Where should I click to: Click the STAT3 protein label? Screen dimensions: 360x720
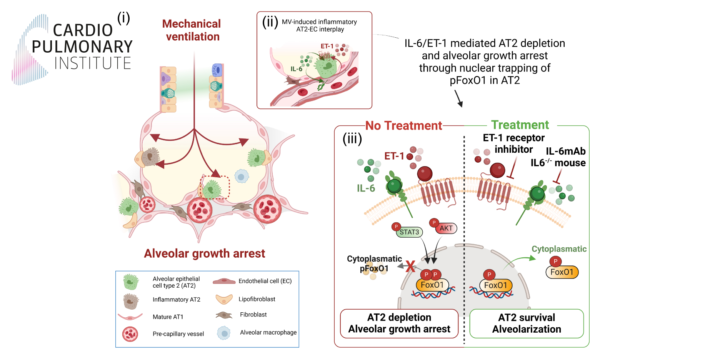409,232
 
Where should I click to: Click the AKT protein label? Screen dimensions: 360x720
446,228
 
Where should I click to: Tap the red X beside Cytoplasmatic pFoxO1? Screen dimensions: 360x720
410,266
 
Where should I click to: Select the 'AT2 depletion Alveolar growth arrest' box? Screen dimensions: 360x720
399,323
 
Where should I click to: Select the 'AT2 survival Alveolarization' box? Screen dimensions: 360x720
527,323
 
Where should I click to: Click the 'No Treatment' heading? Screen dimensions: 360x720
403,126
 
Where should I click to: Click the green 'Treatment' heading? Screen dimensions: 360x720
520,125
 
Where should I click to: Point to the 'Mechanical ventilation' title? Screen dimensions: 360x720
192,30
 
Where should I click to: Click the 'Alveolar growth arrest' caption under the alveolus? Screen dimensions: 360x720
204,253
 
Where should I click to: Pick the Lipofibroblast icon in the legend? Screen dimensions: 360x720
224,299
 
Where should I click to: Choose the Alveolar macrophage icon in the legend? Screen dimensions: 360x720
223,333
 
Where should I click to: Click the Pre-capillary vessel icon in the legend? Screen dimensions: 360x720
130,334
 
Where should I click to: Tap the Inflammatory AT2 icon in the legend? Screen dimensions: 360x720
131,301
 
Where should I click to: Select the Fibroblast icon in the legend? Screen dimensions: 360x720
224,315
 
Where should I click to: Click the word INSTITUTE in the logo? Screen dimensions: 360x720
93,63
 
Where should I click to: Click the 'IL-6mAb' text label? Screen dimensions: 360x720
565,151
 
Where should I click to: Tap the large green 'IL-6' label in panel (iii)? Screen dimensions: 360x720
366,188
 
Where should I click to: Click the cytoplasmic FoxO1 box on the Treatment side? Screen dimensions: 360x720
562,272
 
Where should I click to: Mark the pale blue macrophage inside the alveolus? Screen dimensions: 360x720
242,177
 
